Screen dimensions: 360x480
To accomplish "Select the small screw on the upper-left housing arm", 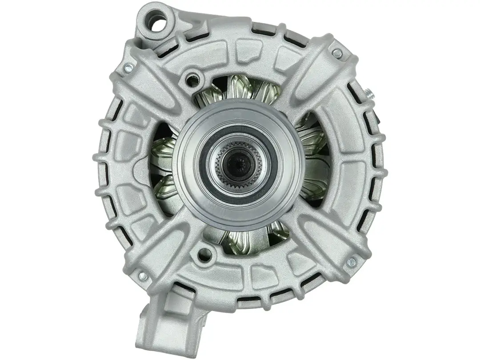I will (x=129, y=68).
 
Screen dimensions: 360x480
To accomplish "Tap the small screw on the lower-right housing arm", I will (x=351, y=261).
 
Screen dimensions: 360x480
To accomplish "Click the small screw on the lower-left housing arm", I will (x=143, y=276).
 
